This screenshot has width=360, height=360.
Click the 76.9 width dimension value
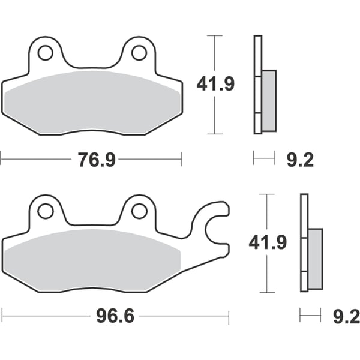click(97, 160)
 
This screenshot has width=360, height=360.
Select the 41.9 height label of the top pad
click(215, 85)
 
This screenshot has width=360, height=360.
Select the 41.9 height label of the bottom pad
click(268, 243)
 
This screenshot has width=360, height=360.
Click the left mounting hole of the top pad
click(45, 53)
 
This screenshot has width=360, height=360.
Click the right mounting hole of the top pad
click(139, 53)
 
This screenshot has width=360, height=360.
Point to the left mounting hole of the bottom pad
click(45, 211)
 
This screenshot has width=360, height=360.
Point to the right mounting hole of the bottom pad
click(139, 211)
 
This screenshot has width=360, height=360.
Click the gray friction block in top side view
click(269, 100)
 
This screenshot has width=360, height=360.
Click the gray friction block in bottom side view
click(316, 258)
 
